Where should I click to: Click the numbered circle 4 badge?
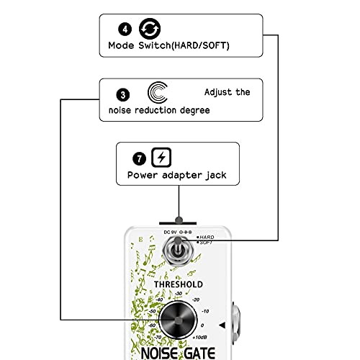point(125,30)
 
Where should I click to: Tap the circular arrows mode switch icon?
point(150,29)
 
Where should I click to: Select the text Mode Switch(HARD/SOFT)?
point(168,45)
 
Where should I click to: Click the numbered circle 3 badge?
point(123,95)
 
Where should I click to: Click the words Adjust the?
point(227,92)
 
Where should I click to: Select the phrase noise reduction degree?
point(159,110)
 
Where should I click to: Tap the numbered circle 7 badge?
point(139,158)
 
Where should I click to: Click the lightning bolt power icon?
point(161,158)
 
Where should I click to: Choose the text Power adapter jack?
point(176,175)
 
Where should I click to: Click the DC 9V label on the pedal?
point(170,233)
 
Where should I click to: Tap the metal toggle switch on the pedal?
point(178,251)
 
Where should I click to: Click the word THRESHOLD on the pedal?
point(179,284)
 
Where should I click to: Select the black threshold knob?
point(178,320)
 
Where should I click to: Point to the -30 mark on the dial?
point(179,294)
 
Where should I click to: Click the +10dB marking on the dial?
point(199,337)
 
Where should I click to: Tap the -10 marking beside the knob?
point(205,311)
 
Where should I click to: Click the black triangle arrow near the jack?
point(222,325)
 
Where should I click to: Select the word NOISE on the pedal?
point(159,354)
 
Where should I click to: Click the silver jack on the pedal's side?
point(236,323)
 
